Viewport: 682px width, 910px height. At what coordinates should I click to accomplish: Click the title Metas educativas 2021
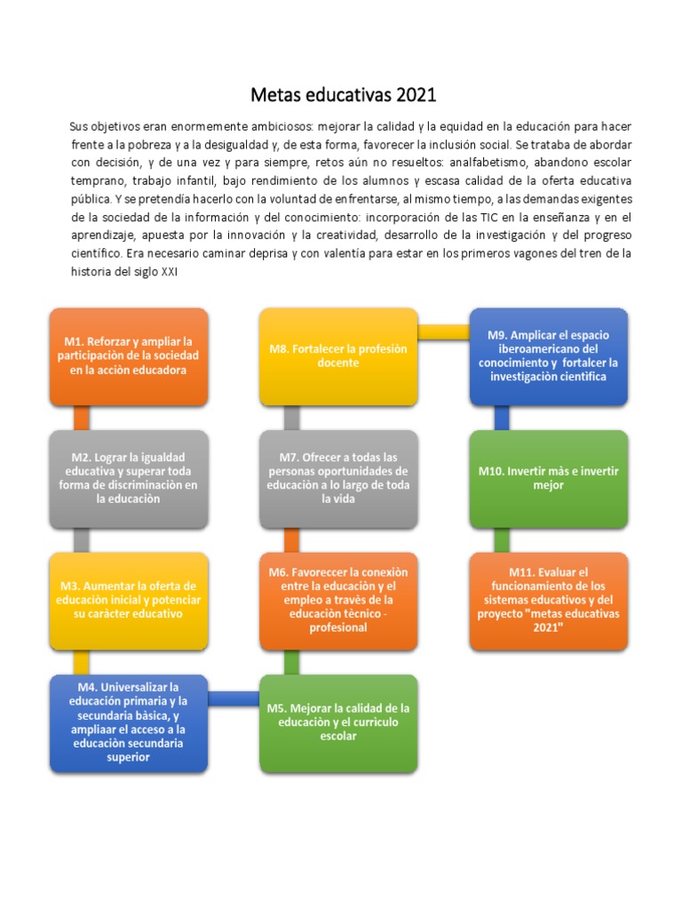point(343,94)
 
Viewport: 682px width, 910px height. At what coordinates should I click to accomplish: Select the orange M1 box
point(129,355)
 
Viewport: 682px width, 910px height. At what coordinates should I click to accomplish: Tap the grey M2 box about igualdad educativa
point(129,478)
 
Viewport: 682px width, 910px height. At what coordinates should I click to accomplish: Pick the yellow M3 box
point(129,600)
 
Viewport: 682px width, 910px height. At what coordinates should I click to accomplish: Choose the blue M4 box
point(129,722)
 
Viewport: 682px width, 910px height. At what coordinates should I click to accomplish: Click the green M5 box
point(338,722)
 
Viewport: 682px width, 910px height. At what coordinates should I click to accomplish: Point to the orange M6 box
point(338,600)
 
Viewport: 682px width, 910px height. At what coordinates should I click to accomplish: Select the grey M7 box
point(338,478)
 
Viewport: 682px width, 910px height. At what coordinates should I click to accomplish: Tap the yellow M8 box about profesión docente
point(338,355)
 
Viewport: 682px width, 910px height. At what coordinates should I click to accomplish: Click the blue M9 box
point(548,355)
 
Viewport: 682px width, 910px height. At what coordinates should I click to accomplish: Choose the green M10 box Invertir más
point(548,478)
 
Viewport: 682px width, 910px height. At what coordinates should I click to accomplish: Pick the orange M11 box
point(548,600)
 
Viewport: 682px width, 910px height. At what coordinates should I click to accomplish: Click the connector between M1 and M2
point(82,418)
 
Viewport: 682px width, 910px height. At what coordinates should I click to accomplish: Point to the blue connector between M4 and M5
point(234,698)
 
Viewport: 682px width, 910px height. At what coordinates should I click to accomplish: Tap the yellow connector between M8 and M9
point(443,331)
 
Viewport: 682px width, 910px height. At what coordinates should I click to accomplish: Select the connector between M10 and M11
point(502,539)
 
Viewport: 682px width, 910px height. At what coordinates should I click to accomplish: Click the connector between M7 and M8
point(291,418)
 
